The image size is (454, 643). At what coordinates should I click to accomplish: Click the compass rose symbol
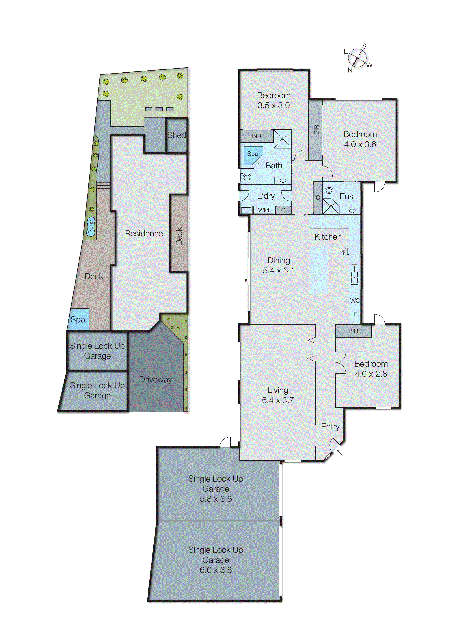coord(357,58)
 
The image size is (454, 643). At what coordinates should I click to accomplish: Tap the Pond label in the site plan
coord(91,227)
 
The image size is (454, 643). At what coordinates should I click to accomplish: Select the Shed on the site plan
coord(176,135)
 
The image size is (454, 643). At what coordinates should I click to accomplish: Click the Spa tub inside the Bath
coord(253,155)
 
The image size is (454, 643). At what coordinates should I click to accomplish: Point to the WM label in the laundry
coord(263,210)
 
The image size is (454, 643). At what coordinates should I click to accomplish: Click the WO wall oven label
coord(355,300)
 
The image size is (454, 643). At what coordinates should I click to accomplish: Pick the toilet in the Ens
coord(329,190)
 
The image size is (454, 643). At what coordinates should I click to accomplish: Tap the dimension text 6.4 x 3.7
coord(278,400)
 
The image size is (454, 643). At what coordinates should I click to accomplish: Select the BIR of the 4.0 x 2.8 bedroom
coord(353,331)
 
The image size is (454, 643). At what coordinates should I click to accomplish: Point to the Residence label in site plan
coord(144,234)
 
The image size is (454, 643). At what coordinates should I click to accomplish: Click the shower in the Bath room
coord(282,139)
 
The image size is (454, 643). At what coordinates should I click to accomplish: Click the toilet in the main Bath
coord(246,177)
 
